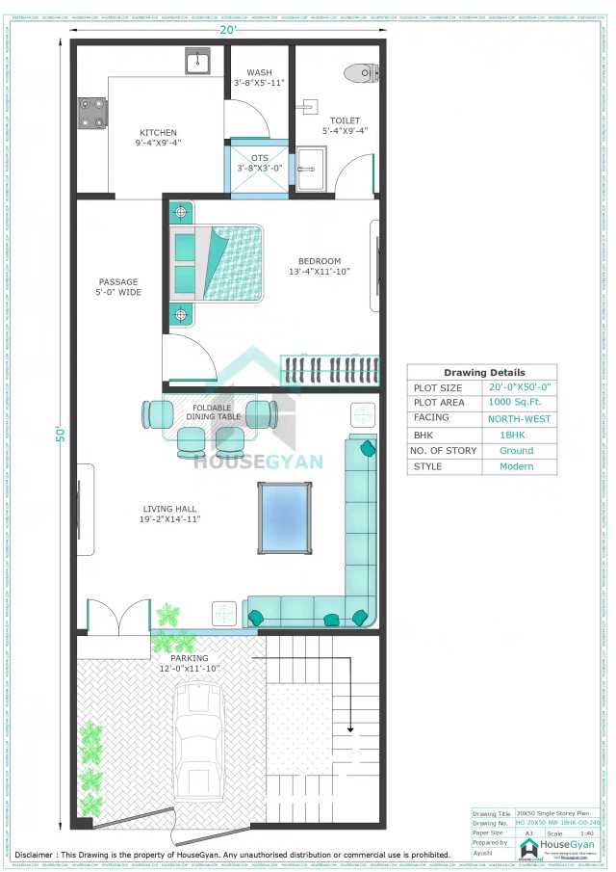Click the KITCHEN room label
point(158,133)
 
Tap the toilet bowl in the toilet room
point(359,72)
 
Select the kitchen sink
point(199,63)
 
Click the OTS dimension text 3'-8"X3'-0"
point(259,169)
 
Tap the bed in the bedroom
point(217,263)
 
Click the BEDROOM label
point(319,260)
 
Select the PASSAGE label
point(117,282)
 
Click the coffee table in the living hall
point(285,517)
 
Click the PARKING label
point(190,658)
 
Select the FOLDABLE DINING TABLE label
point(212,412)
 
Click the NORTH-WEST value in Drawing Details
point(520,419)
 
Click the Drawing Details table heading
point(484,373)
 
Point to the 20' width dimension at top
point(226,29)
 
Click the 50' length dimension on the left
point(58,434)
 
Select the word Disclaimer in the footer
point(37,854)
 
